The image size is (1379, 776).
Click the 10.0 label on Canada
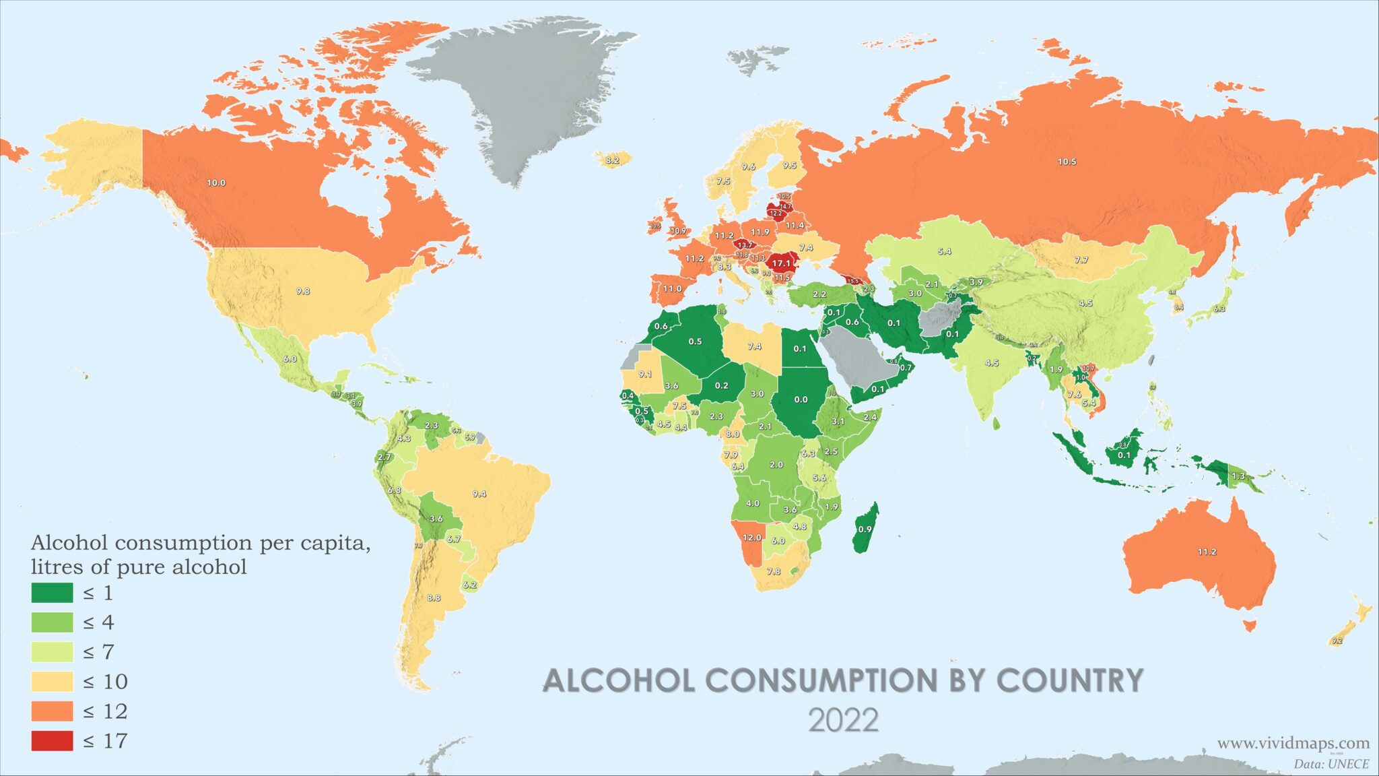tap(216, 183)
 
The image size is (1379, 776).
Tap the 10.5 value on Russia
tap(1067, 162)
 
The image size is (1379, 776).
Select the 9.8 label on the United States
tap(303, 292)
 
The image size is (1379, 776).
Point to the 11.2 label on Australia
tap(1207, 552)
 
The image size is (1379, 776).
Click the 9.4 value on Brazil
tap(479, 494)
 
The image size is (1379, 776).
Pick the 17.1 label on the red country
tap(781, 263)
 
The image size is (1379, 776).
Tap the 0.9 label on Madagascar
tap(865, 529)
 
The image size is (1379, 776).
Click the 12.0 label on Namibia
tap(751, 538)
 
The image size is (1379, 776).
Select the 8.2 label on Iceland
tap(612, 160)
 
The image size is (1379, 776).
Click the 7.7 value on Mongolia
tap(1081, 260)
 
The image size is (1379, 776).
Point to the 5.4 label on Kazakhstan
tap(944, 251)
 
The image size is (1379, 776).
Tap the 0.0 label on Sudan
tap(801, 399)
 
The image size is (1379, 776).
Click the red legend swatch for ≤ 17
tap(52, 740)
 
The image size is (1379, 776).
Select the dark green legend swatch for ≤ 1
tap(52, 593)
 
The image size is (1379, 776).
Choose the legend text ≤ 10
tap(105, 682)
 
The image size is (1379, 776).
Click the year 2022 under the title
tap(843, 721)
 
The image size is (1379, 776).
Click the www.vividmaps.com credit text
tap(1293, 743)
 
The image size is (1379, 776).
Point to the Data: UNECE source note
tap(1331, 764)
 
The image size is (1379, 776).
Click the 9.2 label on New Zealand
tap(1337, 641)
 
